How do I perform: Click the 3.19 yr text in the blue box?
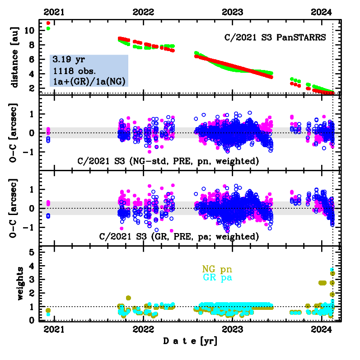(65, 60)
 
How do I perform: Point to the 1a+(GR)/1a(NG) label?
(89, 81)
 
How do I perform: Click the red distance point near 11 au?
(48, 23)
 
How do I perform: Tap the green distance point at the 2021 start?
(48, 28)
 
